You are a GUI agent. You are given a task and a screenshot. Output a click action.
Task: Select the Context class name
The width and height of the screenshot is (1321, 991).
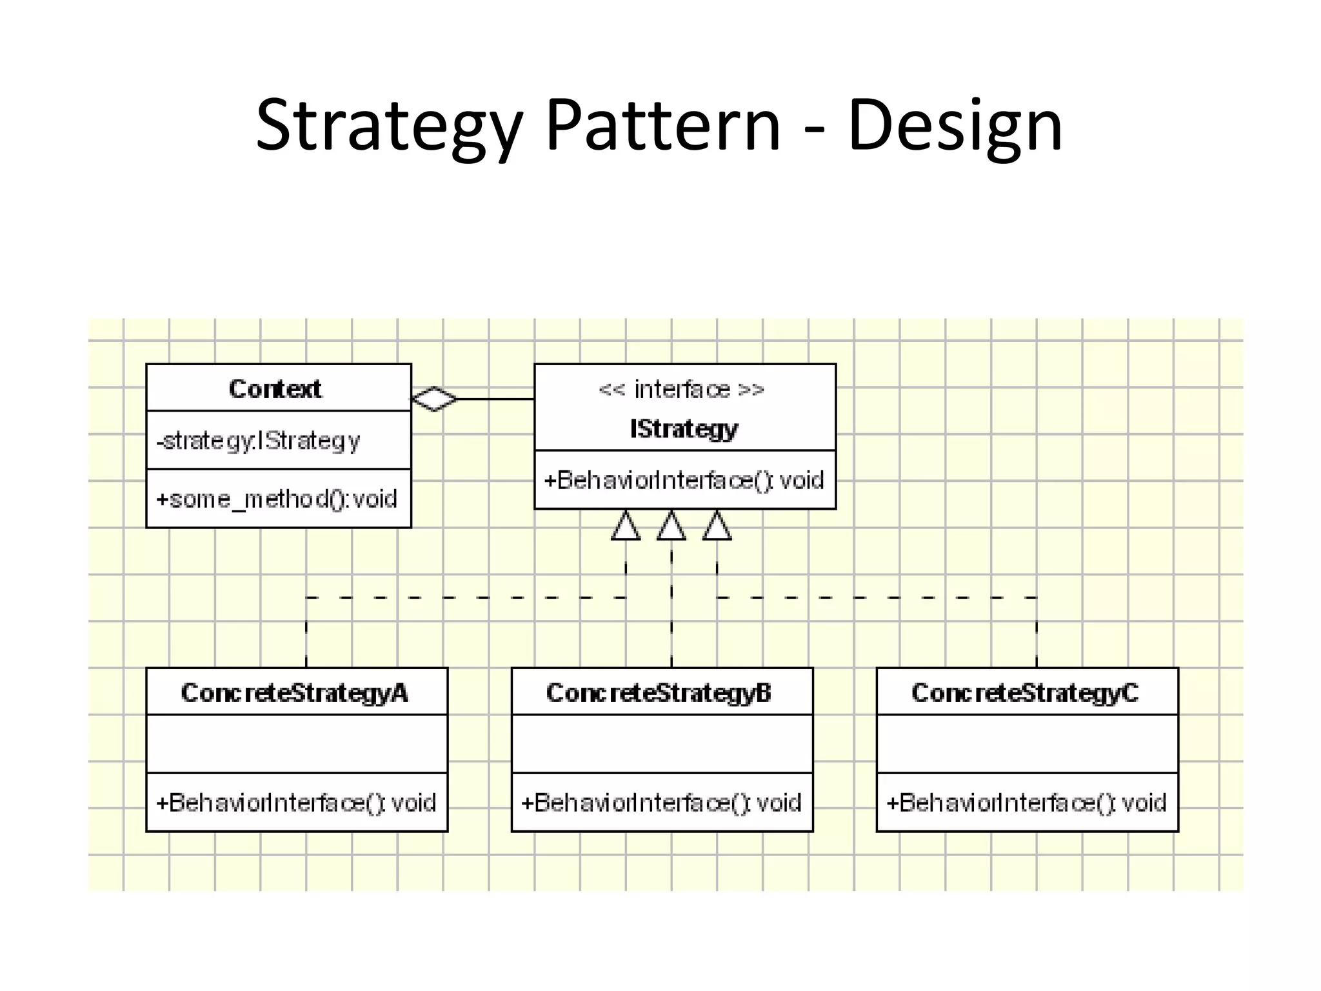pos(275,388)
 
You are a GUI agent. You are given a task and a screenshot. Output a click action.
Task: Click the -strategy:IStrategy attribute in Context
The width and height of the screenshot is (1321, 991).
pos(258,441)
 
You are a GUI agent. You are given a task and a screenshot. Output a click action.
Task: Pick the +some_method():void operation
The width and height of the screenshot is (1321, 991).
pos(277,499)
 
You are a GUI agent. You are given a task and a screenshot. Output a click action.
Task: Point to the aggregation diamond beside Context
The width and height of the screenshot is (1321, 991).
pos(434,399)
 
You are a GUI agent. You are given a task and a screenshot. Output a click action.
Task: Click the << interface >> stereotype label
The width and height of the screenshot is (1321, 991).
pos(682,390)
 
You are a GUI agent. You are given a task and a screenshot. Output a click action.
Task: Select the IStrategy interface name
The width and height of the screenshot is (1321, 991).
pos(684,428)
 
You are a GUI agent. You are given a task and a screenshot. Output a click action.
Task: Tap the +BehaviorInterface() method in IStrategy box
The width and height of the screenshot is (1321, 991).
pos(684,480)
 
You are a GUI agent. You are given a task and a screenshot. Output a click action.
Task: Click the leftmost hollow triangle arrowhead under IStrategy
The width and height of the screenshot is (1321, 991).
pos(626,526)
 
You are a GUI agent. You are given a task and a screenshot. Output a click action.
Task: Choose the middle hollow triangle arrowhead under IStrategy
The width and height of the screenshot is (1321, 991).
pos(671,526)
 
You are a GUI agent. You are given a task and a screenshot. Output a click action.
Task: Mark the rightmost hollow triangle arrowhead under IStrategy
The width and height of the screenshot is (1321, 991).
pos(717,526)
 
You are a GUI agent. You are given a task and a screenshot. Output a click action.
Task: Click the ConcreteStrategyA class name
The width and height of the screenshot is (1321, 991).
pos(295,692)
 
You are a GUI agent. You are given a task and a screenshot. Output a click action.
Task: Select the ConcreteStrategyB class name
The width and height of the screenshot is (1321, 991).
pos(659,692)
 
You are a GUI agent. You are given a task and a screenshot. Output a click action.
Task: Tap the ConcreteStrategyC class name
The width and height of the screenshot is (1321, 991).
pos(1025,692)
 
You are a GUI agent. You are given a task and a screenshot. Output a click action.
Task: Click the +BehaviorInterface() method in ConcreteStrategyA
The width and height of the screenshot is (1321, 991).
pos(296,803)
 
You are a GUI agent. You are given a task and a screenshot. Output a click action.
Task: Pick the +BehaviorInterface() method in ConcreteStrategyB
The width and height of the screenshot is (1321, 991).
pos(661,803)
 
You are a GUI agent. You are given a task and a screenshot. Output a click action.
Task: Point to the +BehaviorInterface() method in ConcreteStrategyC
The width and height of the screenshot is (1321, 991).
pos(1026,803)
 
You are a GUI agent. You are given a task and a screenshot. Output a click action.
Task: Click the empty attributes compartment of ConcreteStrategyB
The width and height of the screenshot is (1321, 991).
pos(662,743)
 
